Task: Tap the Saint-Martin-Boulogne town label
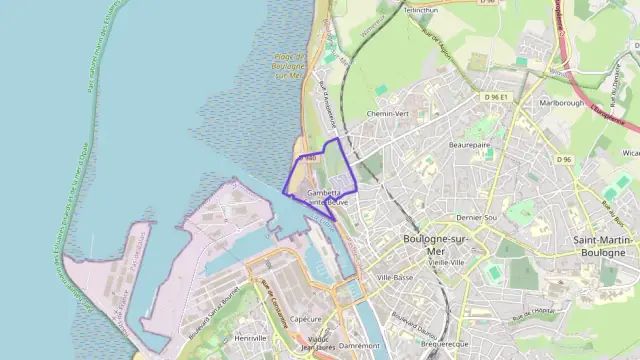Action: point(603,246)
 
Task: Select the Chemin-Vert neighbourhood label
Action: point(389,114)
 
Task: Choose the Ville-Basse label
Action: point(395,276)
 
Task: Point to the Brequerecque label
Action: point(445,343)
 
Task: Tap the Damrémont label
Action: point(361,345)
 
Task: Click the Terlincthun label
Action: point(421,9)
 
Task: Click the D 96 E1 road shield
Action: point(496,97)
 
